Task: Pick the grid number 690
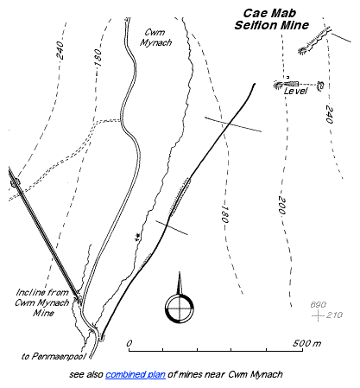click(317, 307)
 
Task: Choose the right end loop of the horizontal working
click(320, 84)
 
